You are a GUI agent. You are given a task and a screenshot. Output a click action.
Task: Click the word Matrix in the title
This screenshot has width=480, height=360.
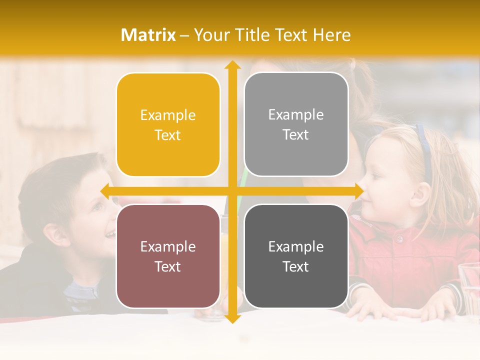pyautogui.click(x=148, y=35)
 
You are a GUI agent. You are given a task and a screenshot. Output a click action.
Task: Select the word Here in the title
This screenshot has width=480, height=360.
pyautogui.click(x=331, y=35)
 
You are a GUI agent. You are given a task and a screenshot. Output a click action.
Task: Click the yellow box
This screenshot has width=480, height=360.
pyautogui.click(x=168, y=125)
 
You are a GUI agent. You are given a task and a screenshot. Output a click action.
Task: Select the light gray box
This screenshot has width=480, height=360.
pyautogui.click(x=296, y=124)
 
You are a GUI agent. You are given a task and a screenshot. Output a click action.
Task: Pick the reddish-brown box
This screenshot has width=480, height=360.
pyautogui.click(x=168, y=256)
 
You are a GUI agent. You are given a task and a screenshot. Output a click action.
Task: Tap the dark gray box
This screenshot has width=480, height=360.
pyautogui.click(x=296, y=256)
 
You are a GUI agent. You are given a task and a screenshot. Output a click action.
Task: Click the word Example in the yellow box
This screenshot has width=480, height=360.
pyautogui.click(x=168, y=115)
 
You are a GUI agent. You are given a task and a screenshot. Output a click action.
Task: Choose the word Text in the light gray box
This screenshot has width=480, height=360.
pyautogui.click(x=296, y=135)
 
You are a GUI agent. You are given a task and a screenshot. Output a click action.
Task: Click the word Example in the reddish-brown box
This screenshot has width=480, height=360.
pyautogui.click(x=168, y=246)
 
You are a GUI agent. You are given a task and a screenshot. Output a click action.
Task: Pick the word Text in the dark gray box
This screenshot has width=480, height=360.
pyautogui.click(x=296, y=266)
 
